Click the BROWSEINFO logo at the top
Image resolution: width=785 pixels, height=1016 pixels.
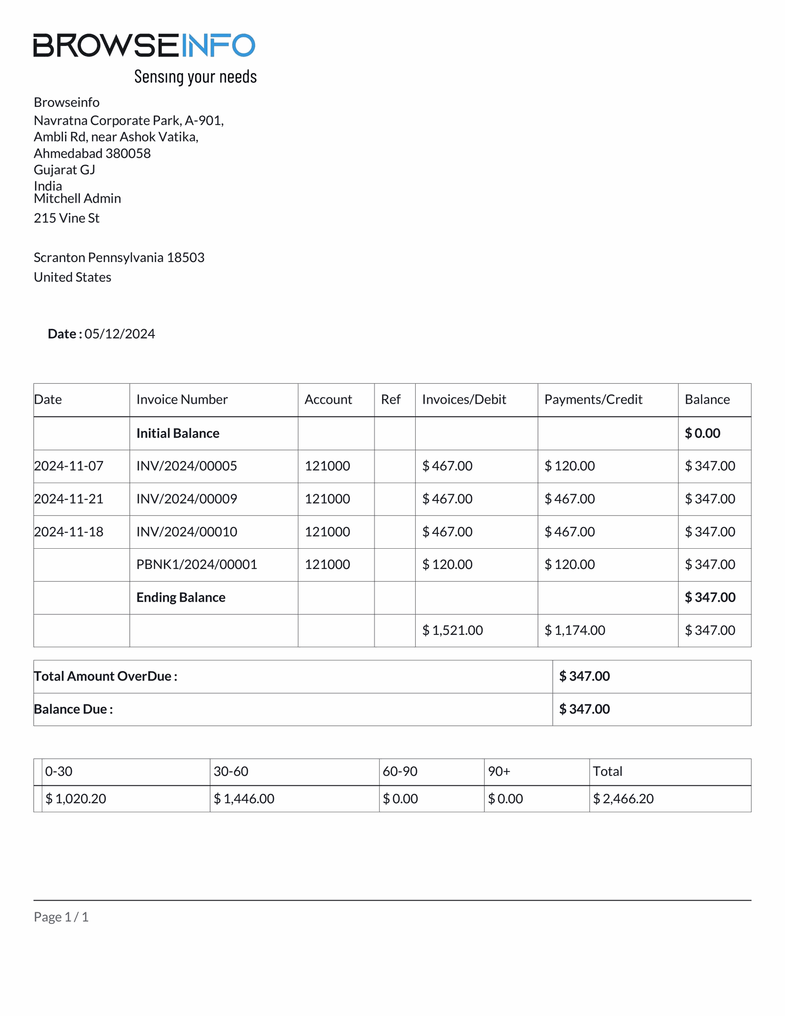pos(144,45)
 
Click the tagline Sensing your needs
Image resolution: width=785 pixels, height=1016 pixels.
pos(195,77)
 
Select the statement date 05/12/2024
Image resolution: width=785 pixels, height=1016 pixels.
pos(120,334)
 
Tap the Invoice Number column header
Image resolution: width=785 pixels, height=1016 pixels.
pos(182,400)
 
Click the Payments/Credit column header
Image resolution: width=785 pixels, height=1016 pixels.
pos(593,400)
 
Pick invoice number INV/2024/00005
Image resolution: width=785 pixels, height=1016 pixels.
pos(187,466)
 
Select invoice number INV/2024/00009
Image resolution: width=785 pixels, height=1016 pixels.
pos(187,499)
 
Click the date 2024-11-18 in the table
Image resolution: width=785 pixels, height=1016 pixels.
pos(69,532)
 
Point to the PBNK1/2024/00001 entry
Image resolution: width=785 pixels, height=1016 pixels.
pos(197,565)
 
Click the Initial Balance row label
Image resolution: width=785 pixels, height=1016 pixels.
pos(178,433)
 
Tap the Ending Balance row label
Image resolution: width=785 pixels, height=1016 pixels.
pos(181,597)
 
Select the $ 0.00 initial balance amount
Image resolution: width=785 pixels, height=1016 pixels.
pos(702,433)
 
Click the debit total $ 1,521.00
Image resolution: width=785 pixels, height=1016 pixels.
pos(452,630)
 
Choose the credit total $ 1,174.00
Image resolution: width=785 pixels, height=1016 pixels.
pos(575,630)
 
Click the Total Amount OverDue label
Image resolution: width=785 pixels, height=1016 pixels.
pos(106,676)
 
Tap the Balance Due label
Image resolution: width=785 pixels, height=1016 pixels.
pos(74,709)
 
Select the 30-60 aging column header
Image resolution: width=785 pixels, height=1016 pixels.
pos(231,772)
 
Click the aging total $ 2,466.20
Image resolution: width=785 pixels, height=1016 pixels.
pos(623,799)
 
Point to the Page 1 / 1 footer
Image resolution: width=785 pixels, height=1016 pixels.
pos(61,917)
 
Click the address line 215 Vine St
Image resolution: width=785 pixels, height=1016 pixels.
pos(67,218)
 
